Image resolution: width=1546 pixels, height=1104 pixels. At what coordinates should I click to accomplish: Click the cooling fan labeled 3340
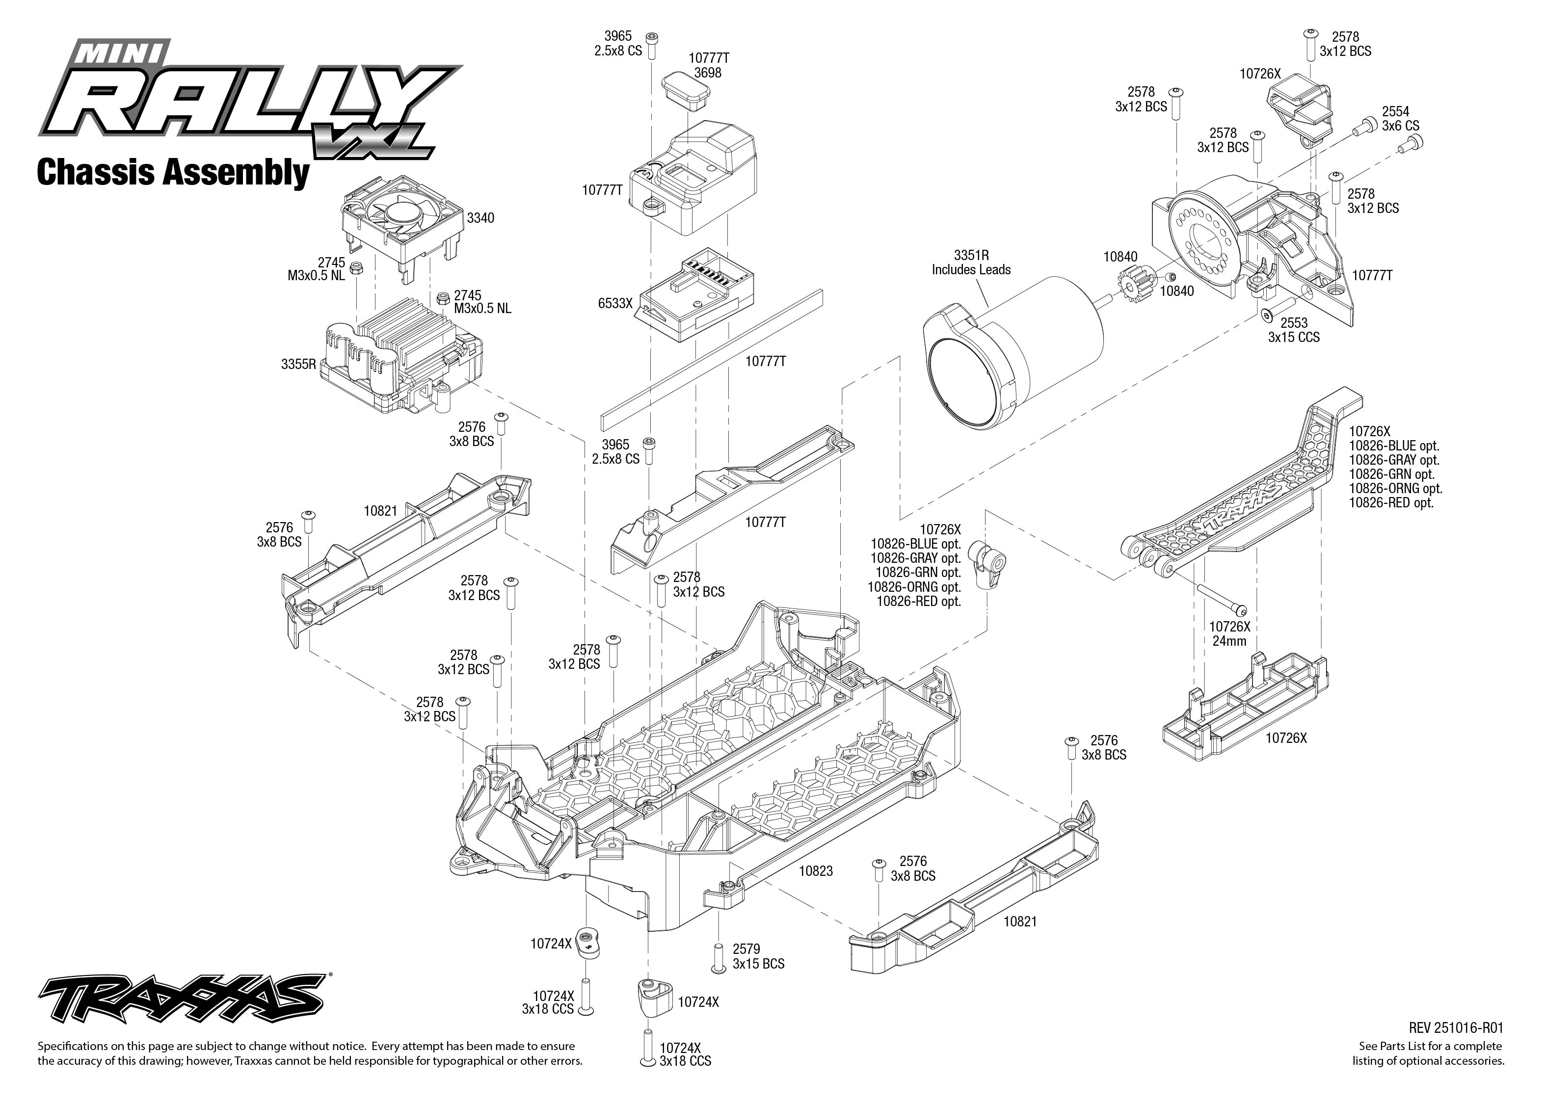398,217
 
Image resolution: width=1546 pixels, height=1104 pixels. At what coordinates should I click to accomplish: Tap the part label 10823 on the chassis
815,871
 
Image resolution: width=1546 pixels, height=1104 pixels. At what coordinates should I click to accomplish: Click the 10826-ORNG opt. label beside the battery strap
1395,488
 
